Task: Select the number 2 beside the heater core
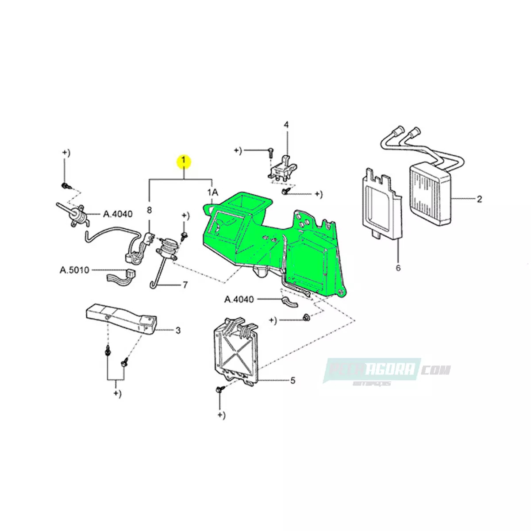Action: (480, 199)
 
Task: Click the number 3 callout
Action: (178, 330)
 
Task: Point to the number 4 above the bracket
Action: (286, 125)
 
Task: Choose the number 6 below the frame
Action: (398, 268)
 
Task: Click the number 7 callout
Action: (185, 285)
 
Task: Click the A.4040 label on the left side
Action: (118, 214)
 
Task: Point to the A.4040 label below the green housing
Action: (239, 300)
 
